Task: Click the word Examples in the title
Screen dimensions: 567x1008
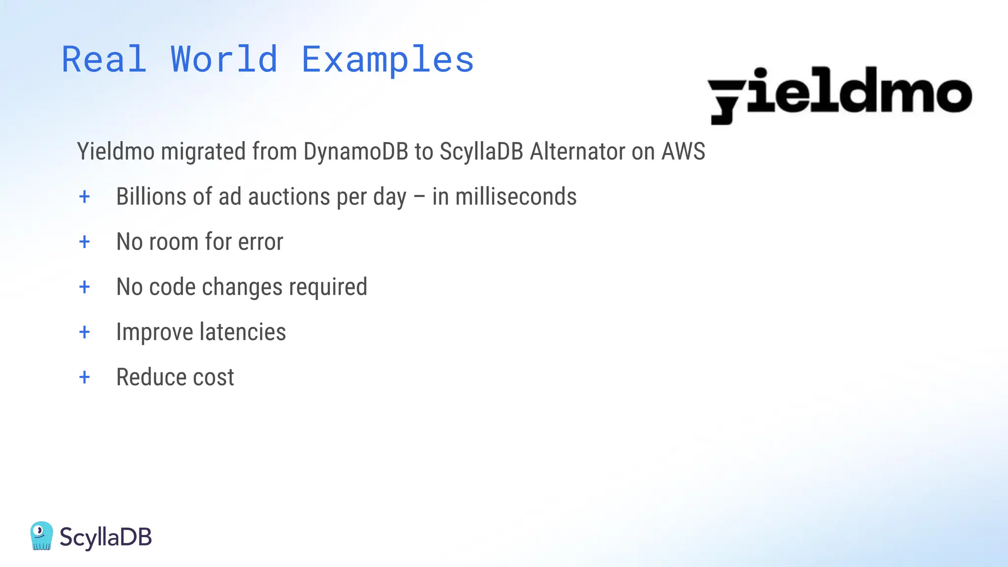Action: pos(387,60)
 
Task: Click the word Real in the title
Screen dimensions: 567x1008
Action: pos(104,60)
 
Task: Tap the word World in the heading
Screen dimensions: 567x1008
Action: pos(224,60)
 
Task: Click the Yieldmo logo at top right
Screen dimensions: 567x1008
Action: pos(840,95)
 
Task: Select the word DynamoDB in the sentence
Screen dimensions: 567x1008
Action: pos(355,151)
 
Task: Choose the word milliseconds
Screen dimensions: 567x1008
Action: pos(516,196)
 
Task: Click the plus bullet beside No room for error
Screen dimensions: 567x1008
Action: pos(85,242)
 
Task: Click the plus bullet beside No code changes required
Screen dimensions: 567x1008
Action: pos(85,287)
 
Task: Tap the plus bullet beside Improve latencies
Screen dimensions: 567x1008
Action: pos(85,332)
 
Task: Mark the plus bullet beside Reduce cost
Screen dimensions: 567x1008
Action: pos(85,378)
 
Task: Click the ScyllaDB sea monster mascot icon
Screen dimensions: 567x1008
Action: pos(41,535)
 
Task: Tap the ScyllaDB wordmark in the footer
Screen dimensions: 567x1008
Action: pos(105,537)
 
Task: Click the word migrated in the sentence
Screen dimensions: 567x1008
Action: pos(203,151)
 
